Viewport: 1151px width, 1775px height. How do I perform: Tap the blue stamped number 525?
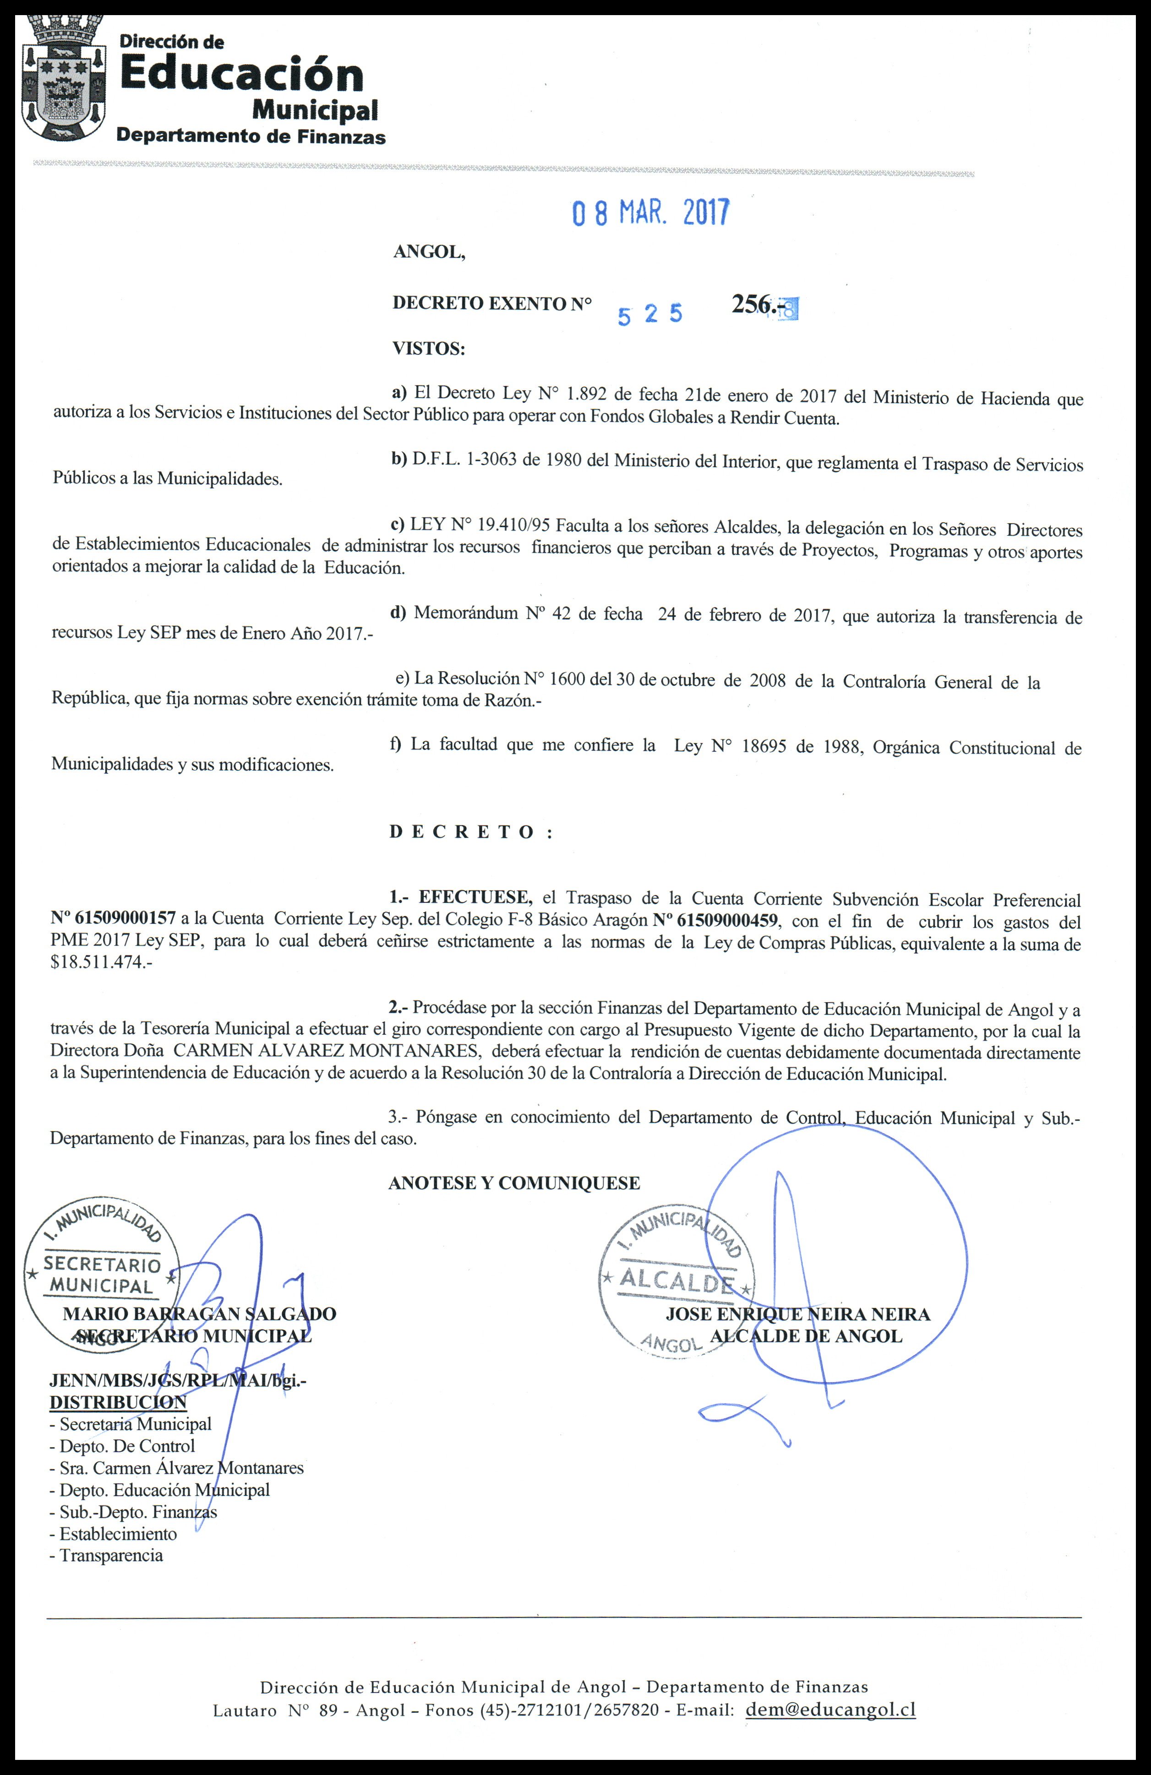pyautogui.click(x=650, y=315)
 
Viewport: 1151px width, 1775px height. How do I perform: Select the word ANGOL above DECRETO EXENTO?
pyautogui.click(x=428, y=252)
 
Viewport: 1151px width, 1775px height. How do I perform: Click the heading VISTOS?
pyautogui.click(x=428, y=348)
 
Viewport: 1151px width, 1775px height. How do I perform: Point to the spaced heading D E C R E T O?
pyautogui.click(x=470, y=832)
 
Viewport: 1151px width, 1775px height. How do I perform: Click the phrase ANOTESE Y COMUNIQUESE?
pyautogui.click(x=514, y=1183)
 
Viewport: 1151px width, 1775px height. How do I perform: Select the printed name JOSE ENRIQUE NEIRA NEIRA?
pyautogui.click(x=797, y=1315)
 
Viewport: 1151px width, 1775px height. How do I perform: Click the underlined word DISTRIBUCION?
pyautogui.click(x=118, y=1403)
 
